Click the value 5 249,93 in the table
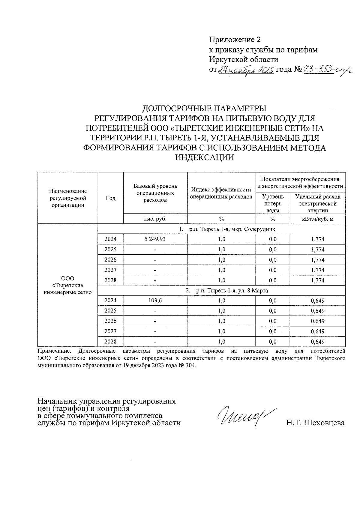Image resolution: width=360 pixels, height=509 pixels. pyautogui.click(x=155, y=239)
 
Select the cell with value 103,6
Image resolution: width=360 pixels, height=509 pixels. pyautogui.click(x=155, y=301)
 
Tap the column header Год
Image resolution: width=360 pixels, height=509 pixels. pyautogui.click(x=110, y=198)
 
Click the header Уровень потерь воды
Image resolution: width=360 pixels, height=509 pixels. pyautogui.click(x=273, y=203)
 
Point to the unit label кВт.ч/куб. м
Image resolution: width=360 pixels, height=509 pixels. pyautogui.click(x=318, y=219)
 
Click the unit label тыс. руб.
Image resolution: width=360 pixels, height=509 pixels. pyautogui.click(x=155, y=219)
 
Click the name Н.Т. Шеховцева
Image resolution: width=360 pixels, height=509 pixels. pyautogui.click(x=315, y=423)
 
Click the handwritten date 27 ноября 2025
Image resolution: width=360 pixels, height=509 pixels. pyautogui.click(x=246, y=70)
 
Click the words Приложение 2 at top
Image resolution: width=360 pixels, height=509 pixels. pyautogui.click(x=235, y=40)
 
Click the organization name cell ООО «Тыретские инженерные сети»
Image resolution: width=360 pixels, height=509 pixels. pyautogui.click(x=68, y=286)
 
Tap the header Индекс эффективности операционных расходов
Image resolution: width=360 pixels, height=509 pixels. pyautogui.click(x=221, y=193)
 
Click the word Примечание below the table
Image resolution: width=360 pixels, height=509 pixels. pyautogui.click(x=54, y=351)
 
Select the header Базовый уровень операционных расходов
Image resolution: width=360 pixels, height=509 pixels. pyautogui.click(x=155, y=193)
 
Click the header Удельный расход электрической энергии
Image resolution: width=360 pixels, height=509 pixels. pyautogui.click(x=318, y=203)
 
